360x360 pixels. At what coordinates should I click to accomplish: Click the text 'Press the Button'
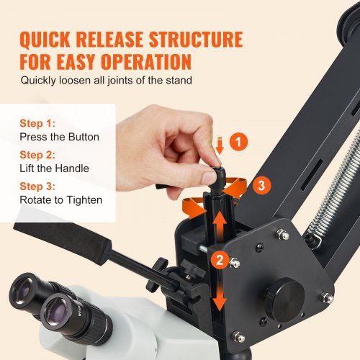tap(59, 137)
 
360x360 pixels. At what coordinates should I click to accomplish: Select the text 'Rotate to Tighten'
tap(62, 200)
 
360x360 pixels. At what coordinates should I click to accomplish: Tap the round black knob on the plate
tap(283, 296)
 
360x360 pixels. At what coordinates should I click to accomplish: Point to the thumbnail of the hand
tap(181, 134)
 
